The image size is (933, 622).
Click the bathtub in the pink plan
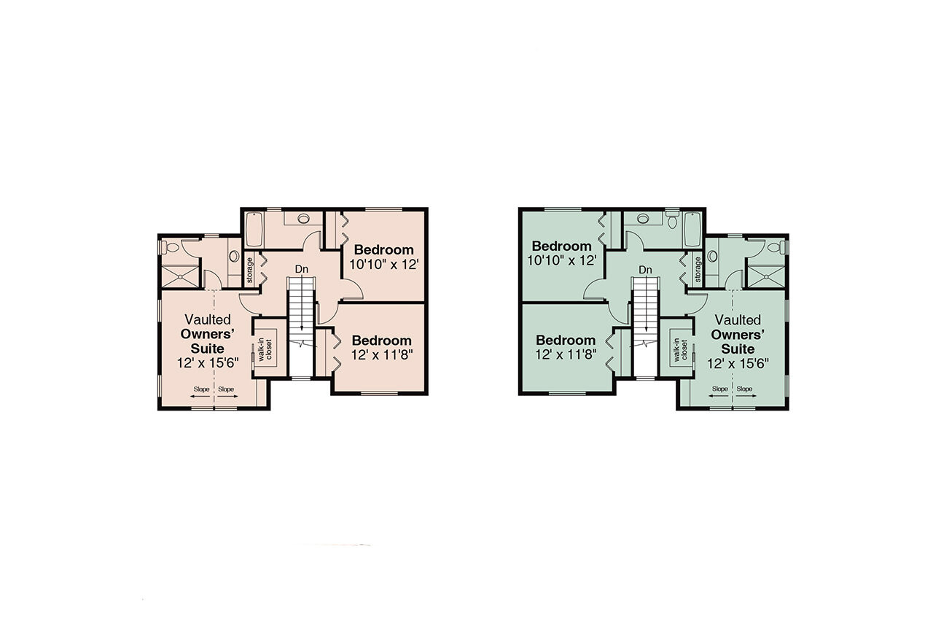tap(254, 229)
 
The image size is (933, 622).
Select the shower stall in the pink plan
tap(179, 275)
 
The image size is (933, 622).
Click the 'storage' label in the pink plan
tap(249, 269)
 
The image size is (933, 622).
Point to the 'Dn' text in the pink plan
tap(301, 269)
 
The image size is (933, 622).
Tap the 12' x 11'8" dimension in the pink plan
tap(381, 355)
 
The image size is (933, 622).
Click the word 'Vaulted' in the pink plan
tap(208, 319)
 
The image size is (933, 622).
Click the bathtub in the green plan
tap(692, 229)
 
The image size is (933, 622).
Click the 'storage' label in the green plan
tap(698, 269)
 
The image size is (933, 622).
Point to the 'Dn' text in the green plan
tap(644, 269)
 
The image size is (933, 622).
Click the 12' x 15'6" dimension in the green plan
tap(738, 362)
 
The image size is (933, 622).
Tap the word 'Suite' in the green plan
tap(738, 349)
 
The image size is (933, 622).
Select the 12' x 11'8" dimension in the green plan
tap(566, 355)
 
